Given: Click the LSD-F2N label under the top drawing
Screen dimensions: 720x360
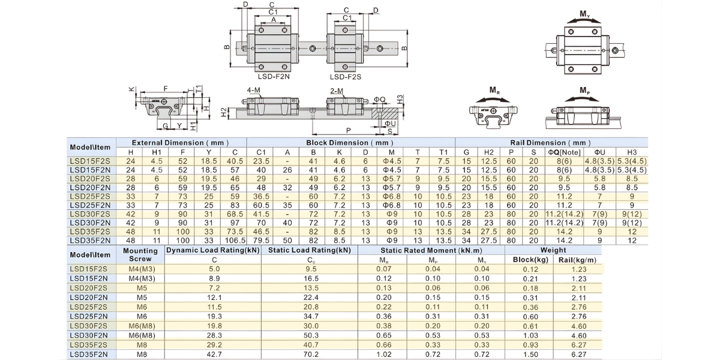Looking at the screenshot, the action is click(274, 77).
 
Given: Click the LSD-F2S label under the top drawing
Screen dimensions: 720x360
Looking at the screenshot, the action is click(346, 77).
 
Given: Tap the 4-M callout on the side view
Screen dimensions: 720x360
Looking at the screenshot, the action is click(253, 91).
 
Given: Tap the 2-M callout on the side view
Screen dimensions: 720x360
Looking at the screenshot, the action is click(337, 91).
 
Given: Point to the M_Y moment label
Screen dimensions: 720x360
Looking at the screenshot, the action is click(584, 14).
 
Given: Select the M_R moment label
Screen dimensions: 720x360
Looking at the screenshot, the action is click(494, 91).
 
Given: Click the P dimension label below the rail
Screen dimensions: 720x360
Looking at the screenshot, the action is click(349, 131).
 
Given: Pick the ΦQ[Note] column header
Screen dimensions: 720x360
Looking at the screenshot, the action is click(564, 152).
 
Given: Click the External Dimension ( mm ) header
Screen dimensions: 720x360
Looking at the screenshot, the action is click(181, 143).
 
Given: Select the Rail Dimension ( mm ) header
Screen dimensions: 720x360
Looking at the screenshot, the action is click(550, 143).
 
